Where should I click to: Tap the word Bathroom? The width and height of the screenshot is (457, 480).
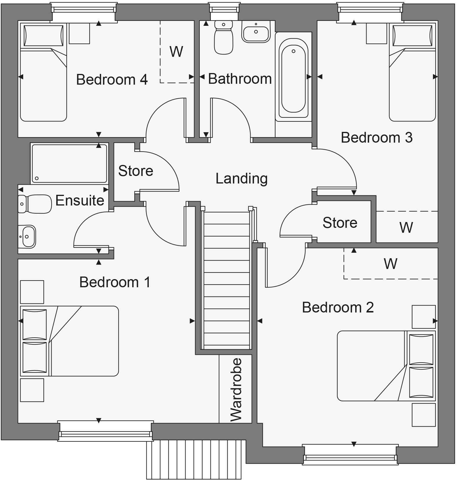click(x=240, y=79)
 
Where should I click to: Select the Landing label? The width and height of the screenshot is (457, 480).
click(x=241, y=179)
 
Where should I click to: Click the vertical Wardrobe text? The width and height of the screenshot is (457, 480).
click(x=236, y=390)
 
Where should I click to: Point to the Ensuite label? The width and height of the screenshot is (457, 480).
click(x=80, y=200)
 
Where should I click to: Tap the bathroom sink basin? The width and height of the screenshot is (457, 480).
click(x=256, y=32)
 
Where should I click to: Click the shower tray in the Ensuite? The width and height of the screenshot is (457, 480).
click(x=69, y=163)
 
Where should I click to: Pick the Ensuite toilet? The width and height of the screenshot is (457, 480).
click(x=35, y=204)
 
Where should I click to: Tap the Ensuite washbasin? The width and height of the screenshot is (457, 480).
click(x=27, y=237)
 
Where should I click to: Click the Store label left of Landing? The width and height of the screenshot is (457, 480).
click(x=135, y=171)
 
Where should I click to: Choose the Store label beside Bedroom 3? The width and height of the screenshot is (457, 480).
click(x=340, y=223)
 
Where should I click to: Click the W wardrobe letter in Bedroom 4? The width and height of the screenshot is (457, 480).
click(x=176, y=52)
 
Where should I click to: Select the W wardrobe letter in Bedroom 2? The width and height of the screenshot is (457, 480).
click(x=390, y=263)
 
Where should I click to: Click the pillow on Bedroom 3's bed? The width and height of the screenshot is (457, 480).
click(x=414, y=35)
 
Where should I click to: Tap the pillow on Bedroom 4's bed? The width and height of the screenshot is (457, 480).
click(x=43, y=35)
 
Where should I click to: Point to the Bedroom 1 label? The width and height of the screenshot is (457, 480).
click(x=115, y=282)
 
